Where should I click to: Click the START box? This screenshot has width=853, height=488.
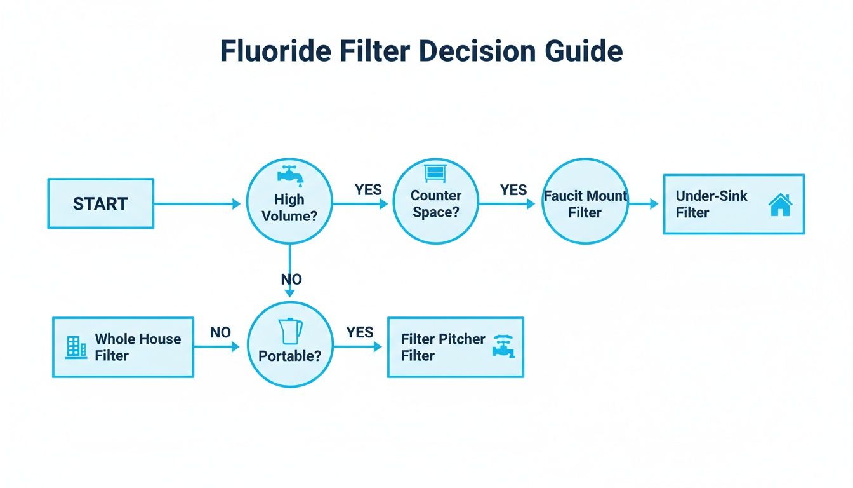pos(100,203)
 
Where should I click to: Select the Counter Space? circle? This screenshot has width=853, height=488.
pos(436,202)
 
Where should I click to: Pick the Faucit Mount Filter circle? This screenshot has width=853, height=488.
pos(585,202)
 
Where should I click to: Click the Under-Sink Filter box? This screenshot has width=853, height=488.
pos(734,204)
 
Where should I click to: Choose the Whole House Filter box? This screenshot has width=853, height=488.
pos(123,347)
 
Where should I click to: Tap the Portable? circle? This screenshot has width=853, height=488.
pos(290,344)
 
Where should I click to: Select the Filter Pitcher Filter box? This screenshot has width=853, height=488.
pos(455,347)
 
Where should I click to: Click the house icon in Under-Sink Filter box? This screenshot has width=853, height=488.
pos(779,205)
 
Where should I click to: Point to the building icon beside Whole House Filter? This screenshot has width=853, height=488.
pos(76,347)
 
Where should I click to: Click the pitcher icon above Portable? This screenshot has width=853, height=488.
pos(291,331)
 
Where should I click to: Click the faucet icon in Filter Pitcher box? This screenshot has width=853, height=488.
pos(504,347)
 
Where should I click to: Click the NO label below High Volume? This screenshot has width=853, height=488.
pos(291,280)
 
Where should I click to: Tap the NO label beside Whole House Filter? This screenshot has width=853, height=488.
pos(220,332)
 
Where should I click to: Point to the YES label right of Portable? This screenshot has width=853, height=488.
pos(359,332)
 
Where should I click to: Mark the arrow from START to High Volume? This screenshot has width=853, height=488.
pos(197,204)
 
